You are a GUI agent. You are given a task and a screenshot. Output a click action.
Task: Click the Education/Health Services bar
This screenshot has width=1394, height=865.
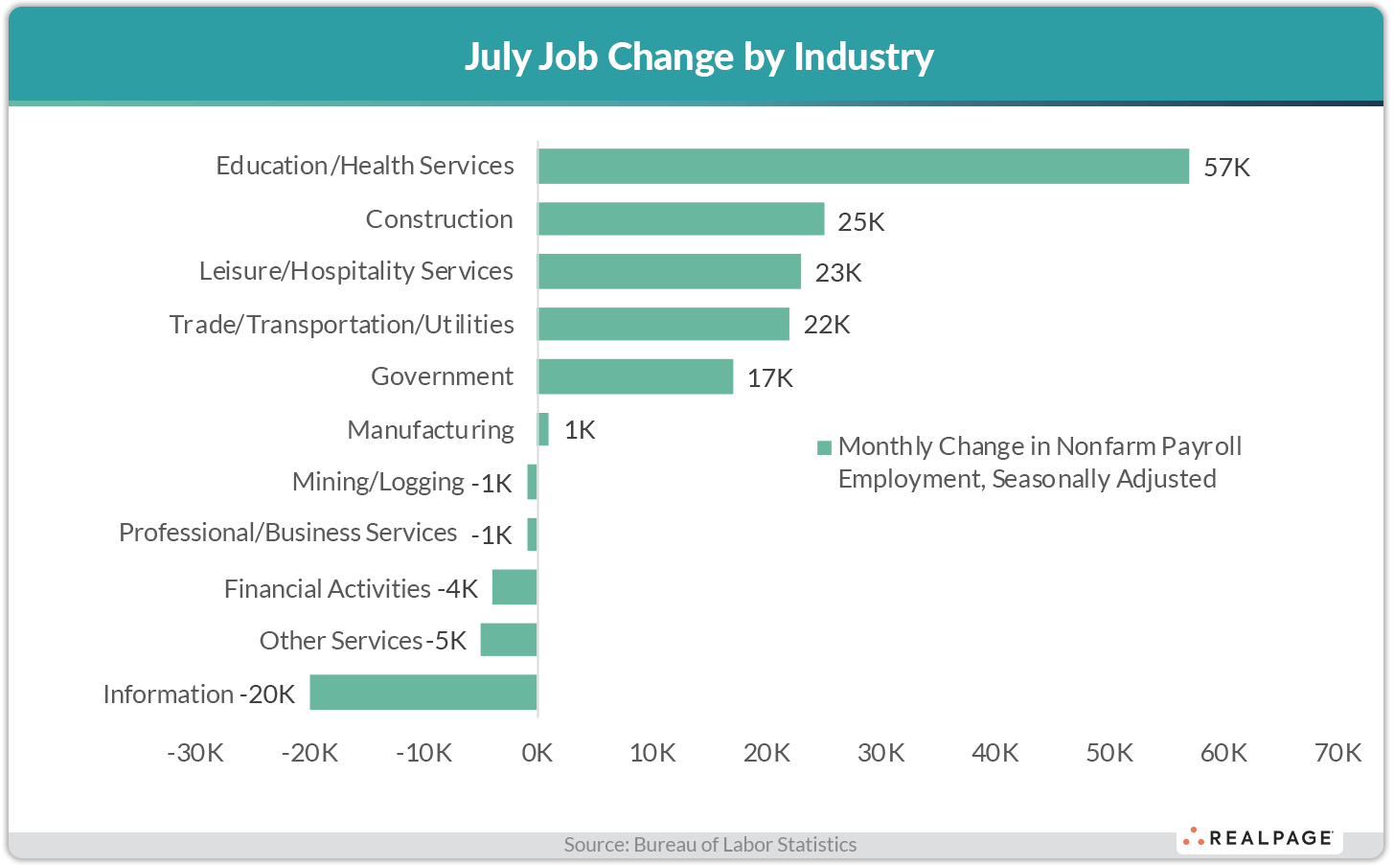pyautogui.click(x=862, y=166)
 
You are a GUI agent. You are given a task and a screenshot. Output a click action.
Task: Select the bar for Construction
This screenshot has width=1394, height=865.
pyautogui.click(x=680, y=218)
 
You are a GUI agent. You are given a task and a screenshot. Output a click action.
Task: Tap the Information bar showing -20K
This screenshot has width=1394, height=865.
pyautogui.click(x=423, y=692)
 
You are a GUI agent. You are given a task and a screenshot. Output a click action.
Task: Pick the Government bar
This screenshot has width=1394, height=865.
pyautogui.click(x=635, y=376)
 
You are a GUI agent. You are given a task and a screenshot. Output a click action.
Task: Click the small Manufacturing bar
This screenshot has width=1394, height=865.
pyautogui.click(x=543, y=429)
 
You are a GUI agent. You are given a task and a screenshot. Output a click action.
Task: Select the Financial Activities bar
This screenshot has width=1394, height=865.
pyautogui.click(x=514, y=587)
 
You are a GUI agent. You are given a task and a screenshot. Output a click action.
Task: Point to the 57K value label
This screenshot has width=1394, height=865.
pyautogui.click(x=1226, y=168)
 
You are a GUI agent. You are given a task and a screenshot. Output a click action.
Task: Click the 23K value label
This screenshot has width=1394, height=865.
pyautogui.click(x=838, y=273)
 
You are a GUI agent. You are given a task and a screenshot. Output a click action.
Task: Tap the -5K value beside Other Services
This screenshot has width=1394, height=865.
pyautogui.click(x=446, y=640)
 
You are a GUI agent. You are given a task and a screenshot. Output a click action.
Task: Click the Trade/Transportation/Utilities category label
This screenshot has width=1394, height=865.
pyautogui.click(x=341, y=325)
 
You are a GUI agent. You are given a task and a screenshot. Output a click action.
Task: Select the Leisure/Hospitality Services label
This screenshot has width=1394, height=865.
pyautogui.click(x=355, y=271)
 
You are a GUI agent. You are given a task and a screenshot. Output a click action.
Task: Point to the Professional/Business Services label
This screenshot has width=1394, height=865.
pyautogui.click(x=287, y=533)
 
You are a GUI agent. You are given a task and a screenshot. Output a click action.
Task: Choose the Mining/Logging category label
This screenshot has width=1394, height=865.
pyautogui.click(x=377, y=482)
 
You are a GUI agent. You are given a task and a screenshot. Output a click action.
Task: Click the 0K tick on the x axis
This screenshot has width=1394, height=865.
pyautogui.click(x=537, y=753)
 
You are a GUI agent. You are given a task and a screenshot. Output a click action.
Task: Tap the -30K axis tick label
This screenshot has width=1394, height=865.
pyautogui.click(x=195, y=753)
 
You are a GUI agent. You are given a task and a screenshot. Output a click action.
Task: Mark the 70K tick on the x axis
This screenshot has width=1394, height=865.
pyautogui.click(x=1337, y=753)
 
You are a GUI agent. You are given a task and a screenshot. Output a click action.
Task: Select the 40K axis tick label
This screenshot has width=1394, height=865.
pyautogui.click(x=994, y=753)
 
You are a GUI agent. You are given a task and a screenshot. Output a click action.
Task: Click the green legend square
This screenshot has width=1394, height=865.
pyautogui.click(x=824, y=447)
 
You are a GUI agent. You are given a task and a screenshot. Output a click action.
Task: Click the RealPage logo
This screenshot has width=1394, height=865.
pyautogui.click(x=1259, y=838)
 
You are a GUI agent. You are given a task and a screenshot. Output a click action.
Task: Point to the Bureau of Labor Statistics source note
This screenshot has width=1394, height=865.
pyautogui.click(x=710, y=844)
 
